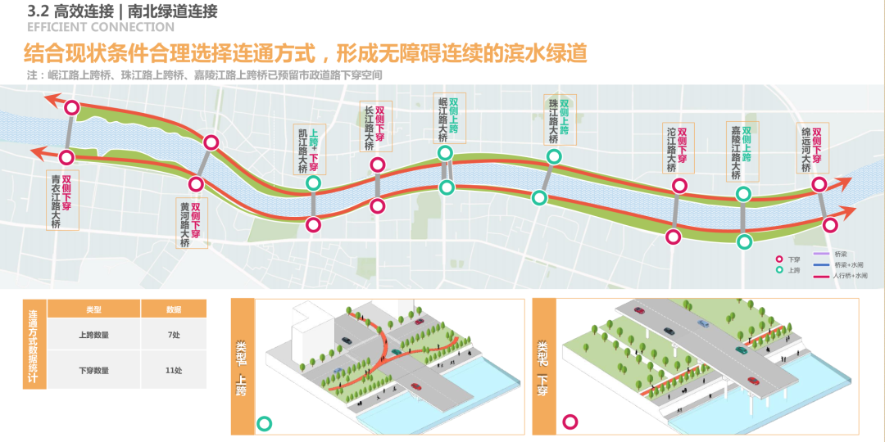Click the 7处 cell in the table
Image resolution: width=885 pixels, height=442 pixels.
pos(173,335)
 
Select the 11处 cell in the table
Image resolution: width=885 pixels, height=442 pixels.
pos(173,371)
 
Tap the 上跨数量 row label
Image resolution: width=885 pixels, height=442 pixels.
pos(94,335)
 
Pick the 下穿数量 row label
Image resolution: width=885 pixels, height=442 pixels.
pos(94,371)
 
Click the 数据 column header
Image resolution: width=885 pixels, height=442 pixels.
pos(173,310)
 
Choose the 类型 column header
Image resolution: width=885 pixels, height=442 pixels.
pos(94,310)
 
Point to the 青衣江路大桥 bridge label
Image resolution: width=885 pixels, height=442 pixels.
pos(56,201)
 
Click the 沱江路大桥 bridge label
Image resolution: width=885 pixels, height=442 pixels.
pos(672,149)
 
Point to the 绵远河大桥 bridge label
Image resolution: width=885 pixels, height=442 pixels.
pos(806,148)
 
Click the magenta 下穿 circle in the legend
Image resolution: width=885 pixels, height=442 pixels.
pos(778,259)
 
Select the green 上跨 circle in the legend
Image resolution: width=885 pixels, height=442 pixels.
pos(778,269)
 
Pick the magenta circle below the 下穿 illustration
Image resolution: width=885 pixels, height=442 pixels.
pos(569,422)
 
